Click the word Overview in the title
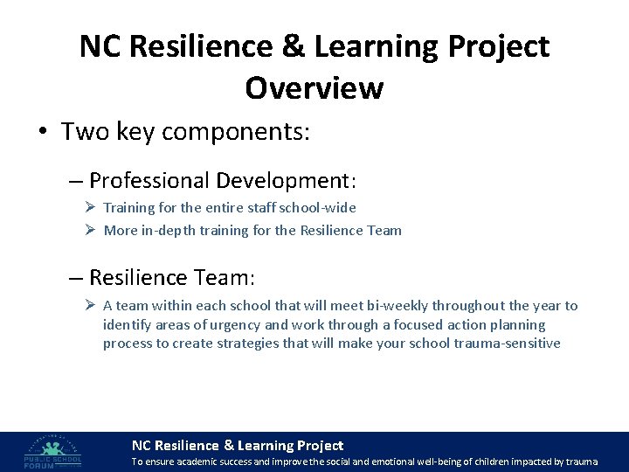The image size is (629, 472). coord(314,87)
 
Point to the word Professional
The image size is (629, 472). coord(149,181)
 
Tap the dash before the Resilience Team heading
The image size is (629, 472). coord(76,278)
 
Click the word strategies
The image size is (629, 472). coord(250,343)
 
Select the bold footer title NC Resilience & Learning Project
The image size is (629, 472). coord(237,445)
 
